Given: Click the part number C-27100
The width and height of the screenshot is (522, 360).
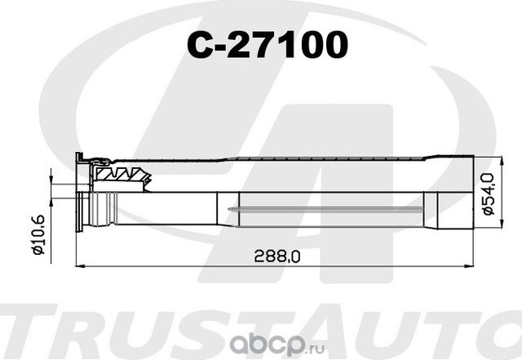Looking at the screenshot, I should [268, 47].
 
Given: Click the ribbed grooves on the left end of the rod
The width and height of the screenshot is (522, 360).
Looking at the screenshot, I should [101, 210].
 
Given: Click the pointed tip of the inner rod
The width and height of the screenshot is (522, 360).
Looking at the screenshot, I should [233, 211].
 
